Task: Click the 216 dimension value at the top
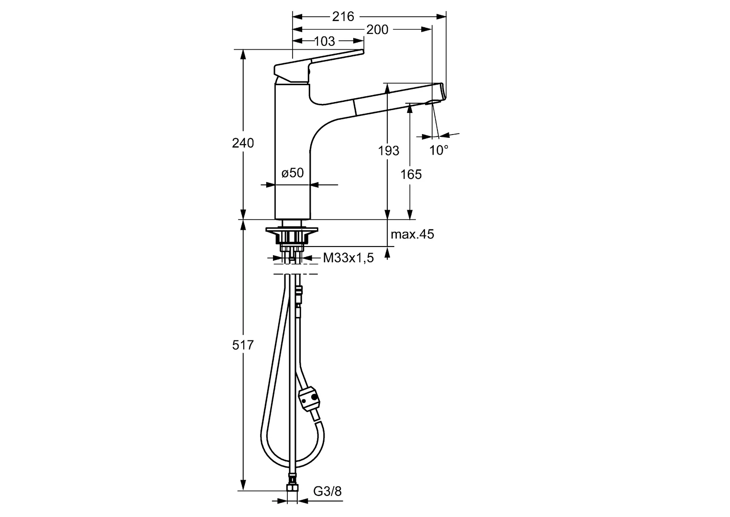(343, 17)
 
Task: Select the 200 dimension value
(377, 30)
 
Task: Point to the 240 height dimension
(243, 143)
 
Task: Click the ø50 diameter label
(293, 173)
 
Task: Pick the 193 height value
(388, 151)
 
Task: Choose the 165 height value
(411, 174)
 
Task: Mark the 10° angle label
(438, 150)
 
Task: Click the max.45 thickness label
(412, 235)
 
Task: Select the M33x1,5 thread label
(348, 258)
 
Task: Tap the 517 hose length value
(243, 345)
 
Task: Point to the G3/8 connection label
(327, 491)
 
